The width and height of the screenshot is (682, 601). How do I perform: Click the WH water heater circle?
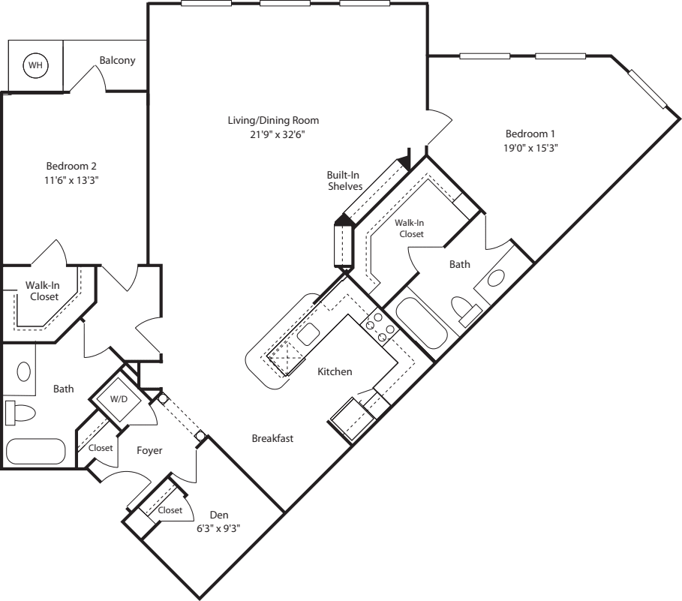[x=35, y=66]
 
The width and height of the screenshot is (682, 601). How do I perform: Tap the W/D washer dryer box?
[x=119, y=399]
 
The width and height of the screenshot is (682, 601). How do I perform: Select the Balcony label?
[x=118, y=61]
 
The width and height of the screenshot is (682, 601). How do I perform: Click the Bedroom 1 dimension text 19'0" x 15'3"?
[x=530, y=148]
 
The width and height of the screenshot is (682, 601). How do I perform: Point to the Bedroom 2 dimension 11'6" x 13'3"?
[x=71, y=180]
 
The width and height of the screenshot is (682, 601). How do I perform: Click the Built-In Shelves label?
[x=344, y=180]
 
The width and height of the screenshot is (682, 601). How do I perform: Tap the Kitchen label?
[x=335, y=371]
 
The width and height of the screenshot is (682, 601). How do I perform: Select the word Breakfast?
[x=272, y=438]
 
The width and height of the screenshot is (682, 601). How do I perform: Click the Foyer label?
[x=150, y=450]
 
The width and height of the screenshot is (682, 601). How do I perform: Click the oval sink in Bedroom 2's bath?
[x=23, y=371]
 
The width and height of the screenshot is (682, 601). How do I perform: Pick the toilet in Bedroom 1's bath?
[x=464, y=309]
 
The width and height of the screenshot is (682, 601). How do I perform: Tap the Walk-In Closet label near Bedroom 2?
[x=44, y=290]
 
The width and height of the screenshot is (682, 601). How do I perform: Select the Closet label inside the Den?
[x=170, y=510]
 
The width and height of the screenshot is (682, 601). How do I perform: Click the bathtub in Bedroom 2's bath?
[x=35, y=451]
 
